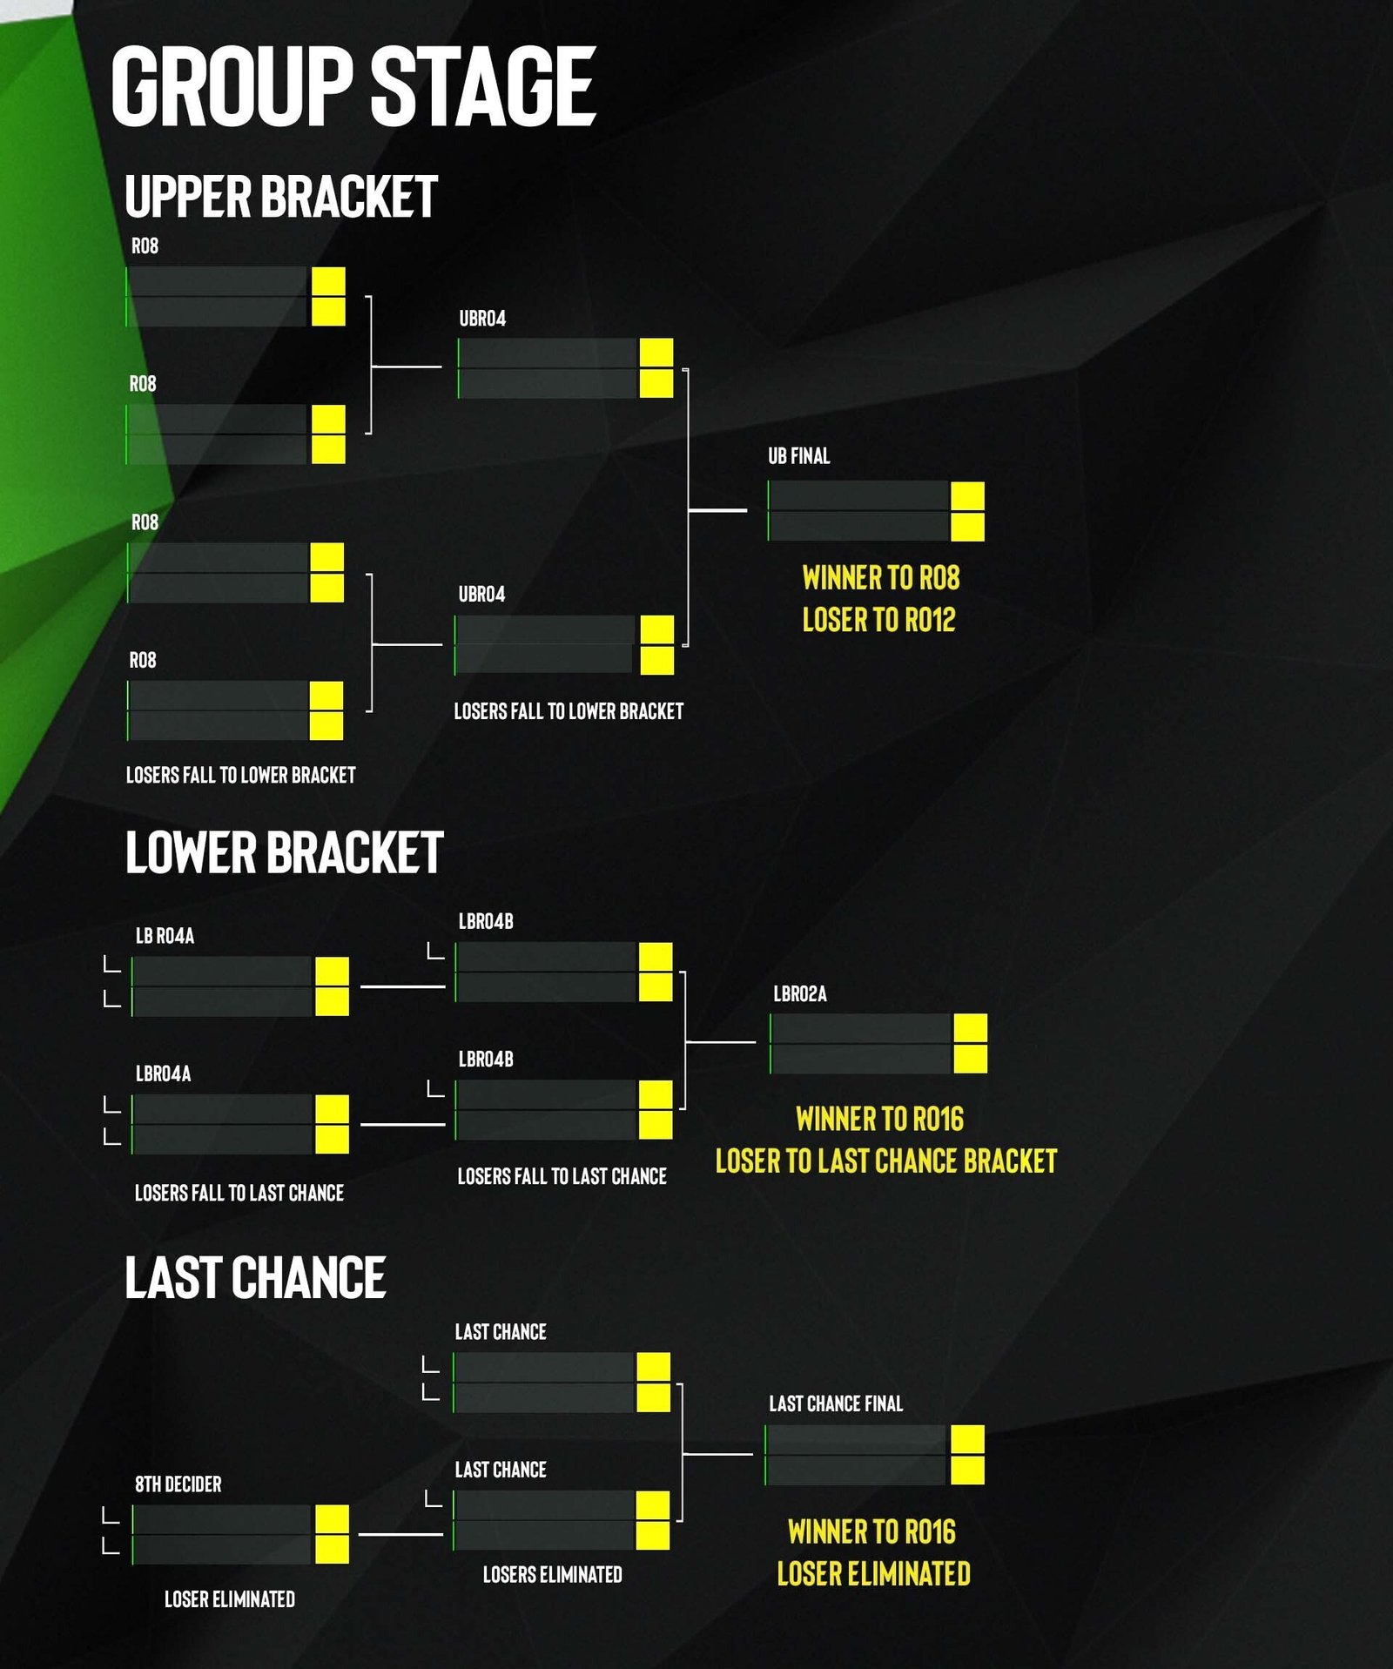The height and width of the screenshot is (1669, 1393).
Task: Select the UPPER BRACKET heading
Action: [x=280, y=197]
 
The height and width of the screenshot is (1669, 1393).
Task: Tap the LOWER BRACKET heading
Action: [x=284, y=852]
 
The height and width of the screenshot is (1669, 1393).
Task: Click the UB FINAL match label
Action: [x=798, y=456]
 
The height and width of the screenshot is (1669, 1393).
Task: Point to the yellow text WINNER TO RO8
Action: [x=880, y=578]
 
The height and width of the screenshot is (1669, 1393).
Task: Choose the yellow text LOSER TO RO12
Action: [x=878, y=620]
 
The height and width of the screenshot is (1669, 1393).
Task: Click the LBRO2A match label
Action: [x=800, y=994]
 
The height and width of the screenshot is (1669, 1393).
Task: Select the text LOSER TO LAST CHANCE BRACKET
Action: [x=886, y=1161]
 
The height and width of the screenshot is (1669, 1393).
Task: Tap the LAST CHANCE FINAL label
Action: [x=836, y=1403]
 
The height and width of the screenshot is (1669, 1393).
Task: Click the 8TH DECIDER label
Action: [x=178, y=1484]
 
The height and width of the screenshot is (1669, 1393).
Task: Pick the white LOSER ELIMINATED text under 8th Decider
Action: [x=230, y=1599]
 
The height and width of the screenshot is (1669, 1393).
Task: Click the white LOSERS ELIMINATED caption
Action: [x=553, y=1574]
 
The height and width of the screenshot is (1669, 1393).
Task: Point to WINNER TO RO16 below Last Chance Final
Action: [x=871, y=1531]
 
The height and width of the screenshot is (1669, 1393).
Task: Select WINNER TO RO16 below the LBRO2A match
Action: [x=879, y=1119]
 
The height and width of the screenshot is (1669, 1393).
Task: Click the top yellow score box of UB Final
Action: [x=967, y=496]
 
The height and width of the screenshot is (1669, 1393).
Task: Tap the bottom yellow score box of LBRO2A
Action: [x=971, y=1059]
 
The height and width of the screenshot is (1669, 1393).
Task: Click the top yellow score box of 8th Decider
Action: [x=332, y=1519]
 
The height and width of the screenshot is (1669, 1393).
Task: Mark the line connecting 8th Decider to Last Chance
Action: [x=400, y=1535]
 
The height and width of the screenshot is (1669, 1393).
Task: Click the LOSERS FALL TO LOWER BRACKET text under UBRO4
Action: [x=569, y=711]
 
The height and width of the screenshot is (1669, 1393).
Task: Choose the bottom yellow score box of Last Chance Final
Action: [x=967, y=1470]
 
